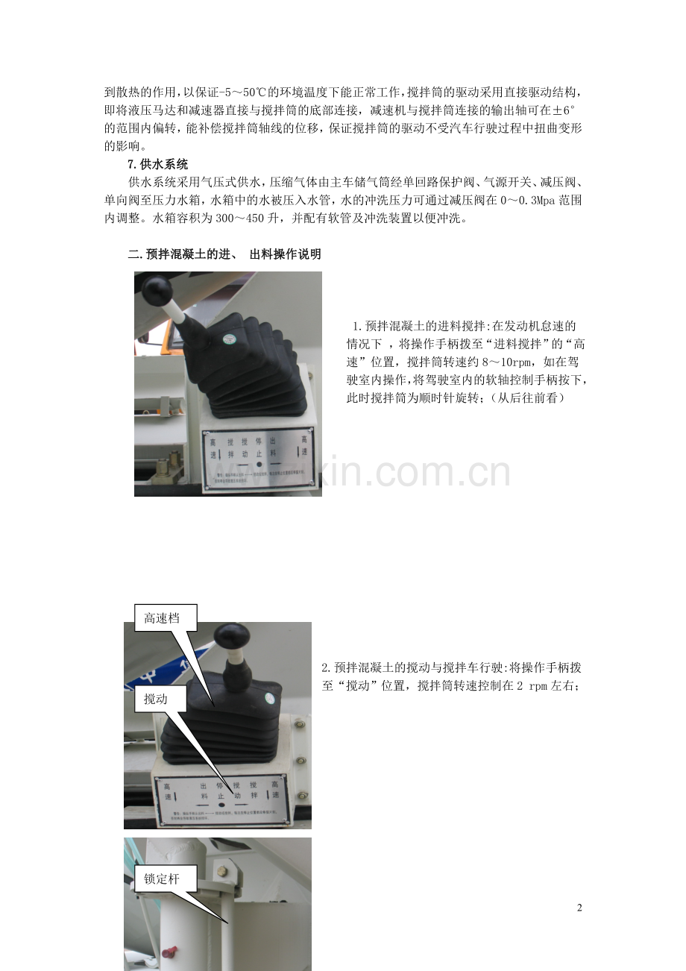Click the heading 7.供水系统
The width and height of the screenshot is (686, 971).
(158, 164)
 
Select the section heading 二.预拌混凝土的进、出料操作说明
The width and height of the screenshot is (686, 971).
(224, 254)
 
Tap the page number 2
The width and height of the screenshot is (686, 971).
(579, 908)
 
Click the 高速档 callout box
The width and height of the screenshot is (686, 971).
(162, 617)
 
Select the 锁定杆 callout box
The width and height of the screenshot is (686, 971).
(163, 879)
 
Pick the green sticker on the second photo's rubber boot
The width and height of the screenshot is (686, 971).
(270, 699)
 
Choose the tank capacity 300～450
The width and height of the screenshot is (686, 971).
(252, 219)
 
